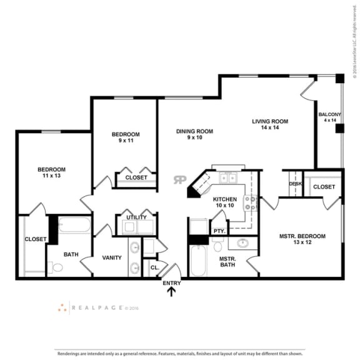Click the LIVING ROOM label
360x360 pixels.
(269, 121)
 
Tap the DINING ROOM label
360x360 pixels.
(194, 131)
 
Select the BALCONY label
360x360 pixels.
(329, 114)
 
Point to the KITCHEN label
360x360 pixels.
(224, 199)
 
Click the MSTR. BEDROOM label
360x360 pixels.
(302, 236)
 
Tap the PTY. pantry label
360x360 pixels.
(219, 231)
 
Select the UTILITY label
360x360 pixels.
(136, 217)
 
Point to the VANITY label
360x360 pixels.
(111, 257)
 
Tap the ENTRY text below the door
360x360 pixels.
(171, 283)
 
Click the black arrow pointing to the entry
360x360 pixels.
(171, 291)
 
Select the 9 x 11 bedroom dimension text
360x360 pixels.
(125, 141)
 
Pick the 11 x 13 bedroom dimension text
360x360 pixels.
(51, 176)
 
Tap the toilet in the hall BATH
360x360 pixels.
(57, 267)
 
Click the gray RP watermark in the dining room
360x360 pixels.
(180, 179)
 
